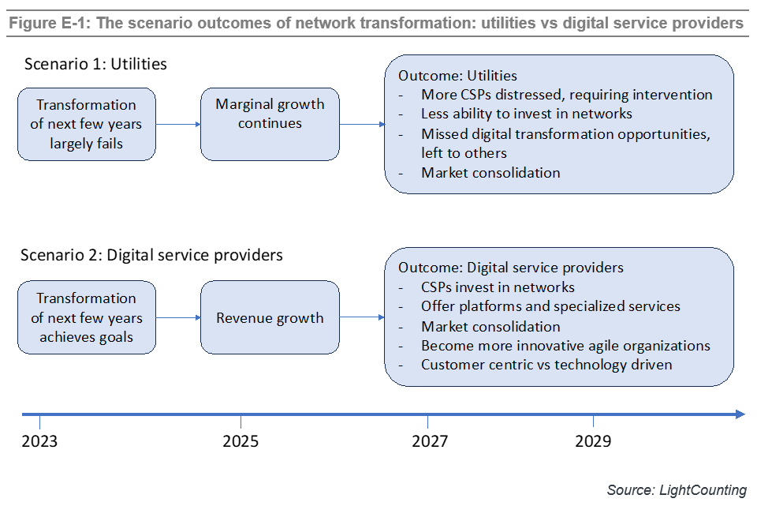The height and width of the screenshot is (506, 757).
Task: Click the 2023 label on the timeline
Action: click(39, 440)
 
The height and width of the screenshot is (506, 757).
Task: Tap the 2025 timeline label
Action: click(241, 440)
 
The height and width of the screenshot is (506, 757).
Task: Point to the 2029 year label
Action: click(592, 440)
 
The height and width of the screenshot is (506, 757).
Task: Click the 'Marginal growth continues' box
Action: click(270, 124)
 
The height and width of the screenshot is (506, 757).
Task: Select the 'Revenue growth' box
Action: click(270, 317)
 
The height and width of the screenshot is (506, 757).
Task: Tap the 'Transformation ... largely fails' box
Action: click(87, 124)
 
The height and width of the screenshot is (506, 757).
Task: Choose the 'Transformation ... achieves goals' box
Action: click(87, 317)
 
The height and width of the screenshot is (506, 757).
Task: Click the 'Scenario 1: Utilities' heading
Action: click(95, 64)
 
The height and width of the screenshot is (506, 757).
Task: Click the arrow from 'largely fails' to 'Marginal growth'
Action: click(178, 124)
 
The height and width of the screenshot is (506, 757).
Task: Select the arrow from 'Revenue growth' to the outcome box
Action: click(361, 317)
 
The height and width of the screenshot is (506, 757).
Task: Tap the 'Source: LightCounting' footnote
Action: click(677, 490)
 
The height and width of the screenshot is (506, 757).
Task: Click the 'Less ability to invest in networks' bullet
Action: click(526, 114)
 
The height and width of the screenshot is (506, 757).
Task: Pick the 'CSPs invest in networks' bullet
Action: click(498, 287)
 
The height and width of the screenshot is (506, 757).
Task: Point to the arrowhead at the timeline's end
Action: click(739, 414)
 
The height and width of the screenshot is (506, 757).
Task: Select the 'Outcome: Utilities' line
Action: click(457, 76)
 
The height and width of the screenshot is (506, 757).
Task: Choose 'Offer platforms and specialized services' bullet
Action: click(550, 306)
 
